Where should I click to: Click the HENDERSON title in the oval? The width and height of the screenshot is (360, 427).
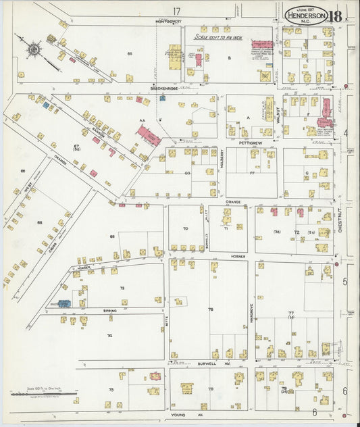pyautogui.click(x=307, y=15)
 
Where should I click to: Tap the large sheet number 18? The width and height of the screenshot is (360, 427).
pyautogui.click(x=336, y=14)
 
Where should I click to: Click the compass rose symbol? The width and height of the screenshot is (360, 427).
pyautogui.click(x=33, y=49)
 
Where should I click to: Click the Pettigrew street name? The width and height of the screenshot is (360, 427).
pyautogui.click(x=249, y=143)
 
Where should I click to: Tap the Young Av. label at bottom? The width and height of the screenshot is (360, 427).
pyautogui.click(x=178, y=414)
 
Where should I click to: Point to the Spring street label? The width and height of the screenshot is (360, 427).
pyautogui.click(x=109, y=311)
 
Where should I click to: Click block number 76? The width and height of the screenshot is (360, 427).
pyautogui.click(x=210, y=310)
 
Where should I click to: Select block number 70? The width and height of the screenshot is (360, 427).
pyautogui.click(x=185, y=229)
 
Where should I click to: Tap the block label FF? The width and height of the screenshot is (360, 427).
pyautogui.click(x=252, y=173)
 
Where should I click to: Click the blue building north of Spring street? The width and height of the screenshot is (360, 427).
pyautogui.click(x=64, y=303)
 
